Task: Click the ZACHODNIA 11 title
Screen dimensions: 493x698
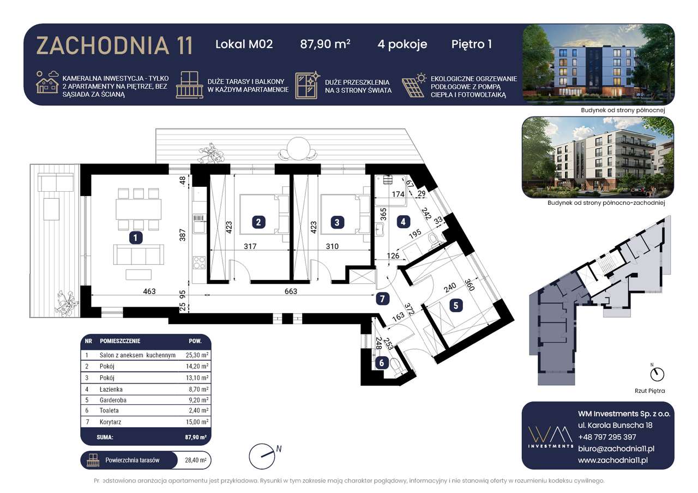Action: [115, 45]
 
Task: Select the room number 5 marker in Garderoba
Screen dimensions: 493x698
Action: [455, 306]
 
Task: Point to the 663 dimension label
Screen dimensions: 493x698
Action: [291, 291]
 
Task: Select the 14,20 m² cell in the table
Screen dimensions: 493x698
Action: [196, 366]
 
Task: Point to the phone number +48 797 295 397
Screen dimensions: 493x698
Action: [607, 437]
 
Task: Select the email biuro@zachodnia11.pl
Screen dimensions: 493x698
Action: [616, 448]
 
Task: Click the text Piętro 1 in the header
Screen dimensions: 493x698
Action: [472, 44]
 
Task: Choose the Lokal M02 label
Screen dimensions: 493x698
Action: [244, 44]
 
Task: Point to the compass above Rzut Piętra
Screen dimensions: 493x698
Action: [658, 374]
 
